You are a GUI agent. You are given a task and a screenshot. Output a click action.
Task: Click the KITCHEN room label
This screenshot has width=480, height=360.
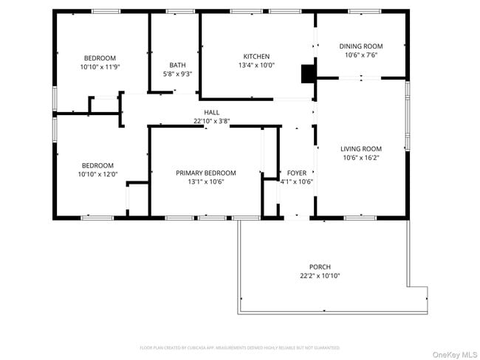point(256,57)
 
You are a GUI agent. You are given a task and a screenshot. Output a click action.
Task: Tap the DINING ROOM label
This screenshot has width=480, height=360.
point(360,46)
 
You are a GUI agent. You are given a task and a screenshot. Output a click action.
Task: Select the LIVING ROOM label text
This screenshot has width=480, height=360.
point(360,148)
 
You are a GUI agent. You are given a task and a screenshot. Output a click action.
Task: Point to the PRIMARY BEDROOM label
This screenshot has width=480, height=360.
point(205,173)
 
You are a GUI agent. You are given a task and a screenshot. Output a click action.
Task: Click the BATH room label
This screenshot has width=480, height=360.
point(177,65)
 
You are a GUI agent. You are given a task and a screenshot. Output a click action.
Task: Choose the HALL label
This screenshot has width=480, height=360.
point(212,113)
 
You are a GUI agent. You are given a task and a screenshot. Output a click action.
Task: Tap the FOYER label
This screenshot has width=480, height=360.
point(296,173)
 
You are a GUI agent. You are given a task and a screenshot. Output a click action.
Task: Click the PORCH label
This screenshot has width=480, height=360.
point(320,267)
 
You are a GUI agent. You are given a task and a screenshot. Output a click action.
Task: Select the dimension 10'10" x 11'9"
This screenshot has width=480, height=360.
point(100,67)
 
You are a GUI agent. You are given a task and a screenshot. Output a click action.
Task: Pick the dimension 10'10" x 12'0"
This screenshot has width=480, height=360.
point(97,174)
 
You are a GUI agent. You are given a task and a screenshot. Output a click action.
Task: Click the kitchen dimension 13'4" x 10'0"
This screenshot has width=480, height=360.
point(256,66)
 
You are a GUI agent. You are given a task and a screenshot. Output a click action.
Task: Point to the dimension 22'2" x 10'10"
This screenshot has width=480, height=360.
point(320,276)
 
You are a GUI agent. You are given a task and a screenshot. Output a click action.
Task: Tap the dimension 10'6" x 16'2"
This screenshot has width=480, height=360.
point(360,157)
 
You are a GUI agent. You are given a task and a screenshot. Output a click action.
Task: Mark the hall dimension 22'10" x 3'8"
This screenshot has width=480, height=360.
point(212,121)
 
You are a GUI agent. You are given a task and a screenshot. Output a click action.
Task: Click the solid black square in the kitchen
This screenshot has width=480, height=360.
point(307,73)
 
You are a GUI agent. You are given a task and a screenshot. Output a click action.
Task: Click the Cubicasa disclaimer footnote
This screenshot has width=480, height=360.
point(239,347)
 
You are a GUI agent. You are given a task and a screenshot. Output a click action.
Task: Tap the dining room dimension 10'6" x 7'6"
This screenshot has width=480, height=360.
point(360,55)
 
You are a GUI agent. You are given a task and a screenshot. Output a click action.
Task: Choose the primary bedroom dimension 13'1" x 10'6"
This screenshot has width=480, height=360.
point(205,181)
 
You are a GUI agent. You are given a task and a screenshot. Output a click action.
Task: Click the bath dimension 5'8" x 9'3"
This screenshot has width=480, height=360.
point(177,74)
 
